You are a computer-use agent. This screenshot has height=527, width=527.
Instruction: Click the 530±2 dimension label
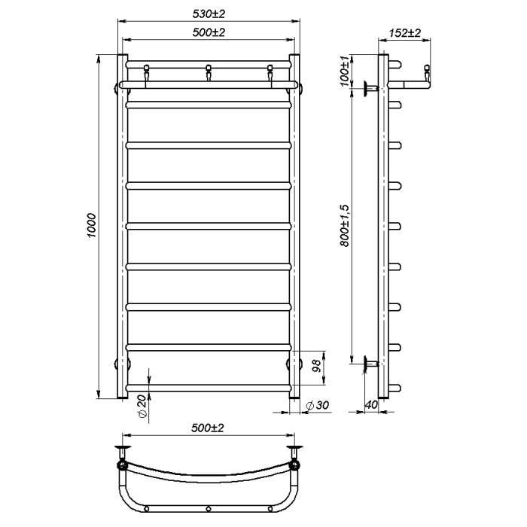209,14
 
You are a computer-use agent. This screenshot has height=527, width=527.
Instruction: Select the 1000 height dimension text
91,225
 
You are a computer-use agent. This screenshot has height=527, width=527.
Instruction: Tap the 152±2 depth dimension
405,33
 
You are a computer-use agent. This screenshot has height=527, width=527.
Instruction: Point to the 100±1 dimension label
345,71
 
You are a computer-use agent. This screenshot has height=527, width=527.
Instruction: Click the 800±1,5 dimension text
345,226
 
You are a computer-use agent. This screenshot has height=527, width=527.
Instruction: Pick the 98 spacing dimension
317,367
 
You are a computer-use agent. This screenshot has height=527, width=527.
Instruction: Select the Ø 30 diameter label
317,405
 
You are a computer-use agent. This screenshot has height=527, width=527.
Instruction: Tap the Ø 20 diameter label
142,406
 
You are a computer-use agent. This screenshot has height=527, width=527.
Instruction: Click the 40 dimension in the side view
371,405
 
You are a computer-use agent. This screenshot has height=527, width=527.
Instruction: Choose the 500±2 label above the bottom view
208,428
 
